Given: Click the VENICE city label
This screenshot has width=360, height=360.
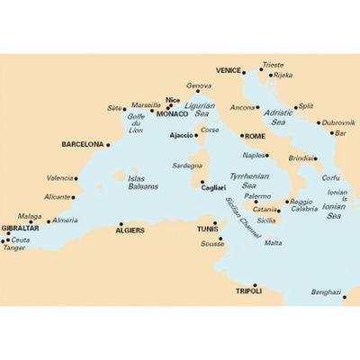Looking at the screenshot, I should (229, 69).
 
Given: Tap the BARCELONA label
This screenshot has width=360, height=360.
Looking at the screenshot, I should (82, 143).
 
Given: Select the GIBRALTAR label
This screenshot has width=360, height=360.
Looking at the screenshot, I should (19, 229).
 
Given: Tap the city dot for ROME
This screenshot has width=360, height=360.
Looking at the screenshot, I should (239, 136).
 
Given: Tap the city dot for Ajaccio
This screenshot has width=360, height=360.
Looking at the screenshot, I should (197, 136).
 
